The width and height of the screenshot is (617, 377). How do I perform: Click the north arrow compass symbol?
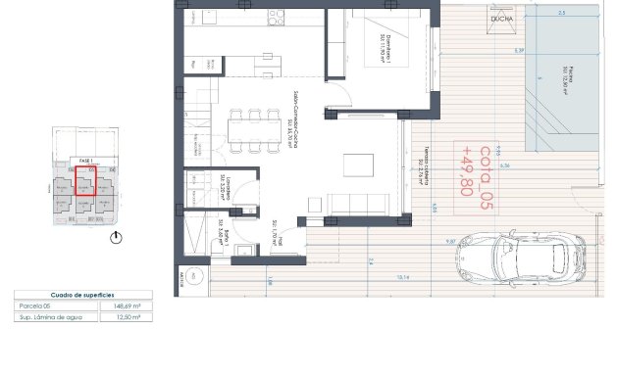point(118,237)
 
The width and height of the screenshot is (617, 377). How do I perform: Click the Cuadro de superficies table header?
point(82,295)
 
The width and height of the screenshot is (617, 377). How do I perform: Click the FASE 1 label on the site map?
point(84,159)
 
